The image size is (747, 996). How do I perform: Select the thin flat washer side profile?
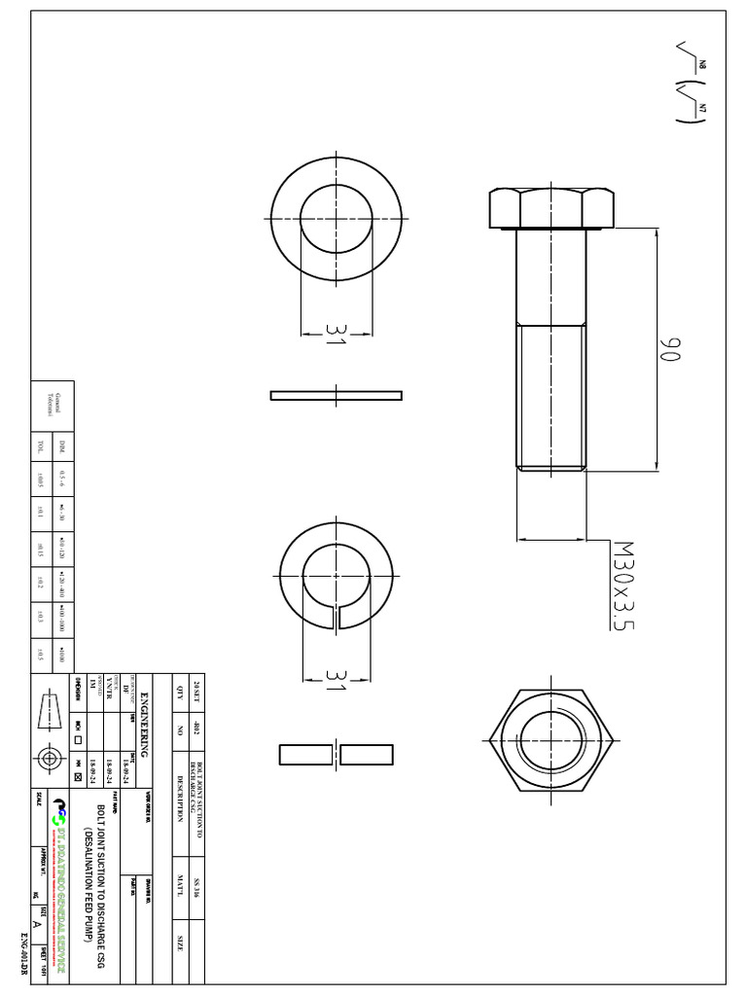click(336, 395)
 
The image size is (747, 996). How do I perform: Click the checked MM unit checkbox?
click(78, 777)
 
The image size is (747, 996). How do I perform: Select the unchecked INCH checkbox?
click(78, 739)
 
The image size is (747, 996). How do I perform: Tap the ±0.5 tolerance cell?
click(40, 654)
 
